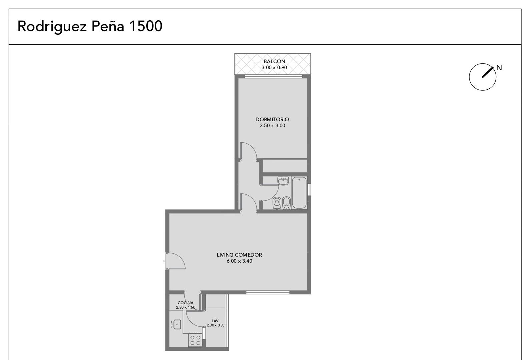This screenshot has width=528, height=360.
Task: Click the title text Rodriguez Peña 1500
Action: click(90, 26)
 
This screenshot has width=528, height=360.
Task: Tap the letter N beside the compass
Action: click(499, 68)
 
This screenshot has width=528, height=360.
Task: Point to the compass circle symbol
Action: click(482, 77)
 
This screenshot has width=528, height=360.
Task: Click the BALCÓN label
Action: click(274, 61)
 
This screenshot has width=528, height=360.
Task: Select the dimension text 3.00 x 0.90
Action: click(274, 68)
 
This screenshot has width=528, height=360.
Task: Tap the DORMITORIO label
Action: click(272, 120)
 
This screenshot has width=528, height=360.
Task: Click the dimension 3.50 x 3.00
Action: click(272, 126)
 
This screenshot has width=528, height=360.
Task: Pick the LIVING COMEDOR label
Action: click(239, 255)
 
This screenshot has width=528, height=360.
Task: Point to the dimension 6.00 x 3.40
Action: click(239, 261)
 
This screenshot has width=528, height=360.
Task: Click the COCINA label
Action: click(186, 303)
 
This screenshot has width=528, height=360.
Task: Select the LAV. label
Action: click(215, 321)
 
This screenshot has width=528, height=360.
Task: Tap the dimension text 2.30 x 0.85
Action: click(215, 325)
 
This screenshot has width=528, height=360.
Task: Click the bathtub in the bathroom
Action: click(299, 193)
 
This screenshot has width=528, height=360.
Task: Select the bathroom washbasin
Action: click(283, 181)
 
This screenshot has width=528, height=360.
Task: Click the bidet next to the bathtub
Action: click(286, 203)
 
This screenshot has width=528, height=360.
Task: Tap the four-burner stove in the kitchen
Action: click(195, 340)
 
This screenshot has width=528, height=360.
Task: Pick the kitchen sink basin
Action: click(177, 324)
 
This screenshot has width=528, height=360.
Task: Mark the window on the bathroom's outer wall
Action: click(309, 189)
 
